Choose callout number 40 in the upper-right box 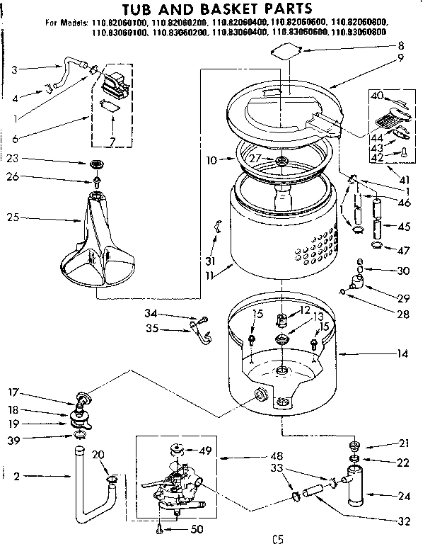[x=377, y=95]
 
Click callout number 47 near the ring [x=405, y=249]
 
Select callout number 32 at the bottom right [x=404, y=523]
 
